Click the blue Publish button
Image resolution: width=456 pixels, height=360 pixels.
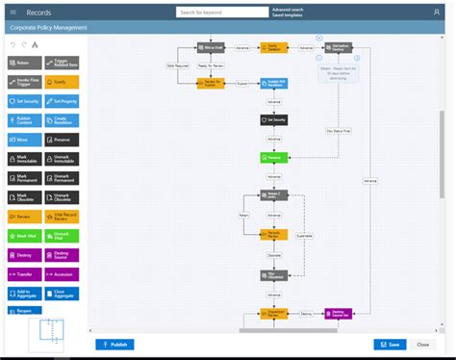coord(114,344)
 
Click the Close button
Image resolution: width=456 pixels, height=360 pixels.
coord(422,344)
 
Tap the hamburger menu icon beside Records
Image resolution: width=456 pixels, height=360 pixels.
coord(13,12)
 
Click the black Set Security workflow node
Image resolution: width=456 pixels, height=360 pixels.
coord(272,120)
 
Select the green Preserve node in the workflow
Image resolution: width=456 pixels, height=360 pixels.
coord(272,157)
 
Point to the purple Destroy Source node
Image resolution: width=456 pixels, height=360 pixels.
coord(338,314)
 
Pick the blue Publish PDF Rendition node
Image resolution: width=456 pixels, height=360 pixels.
coord(274,83)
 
